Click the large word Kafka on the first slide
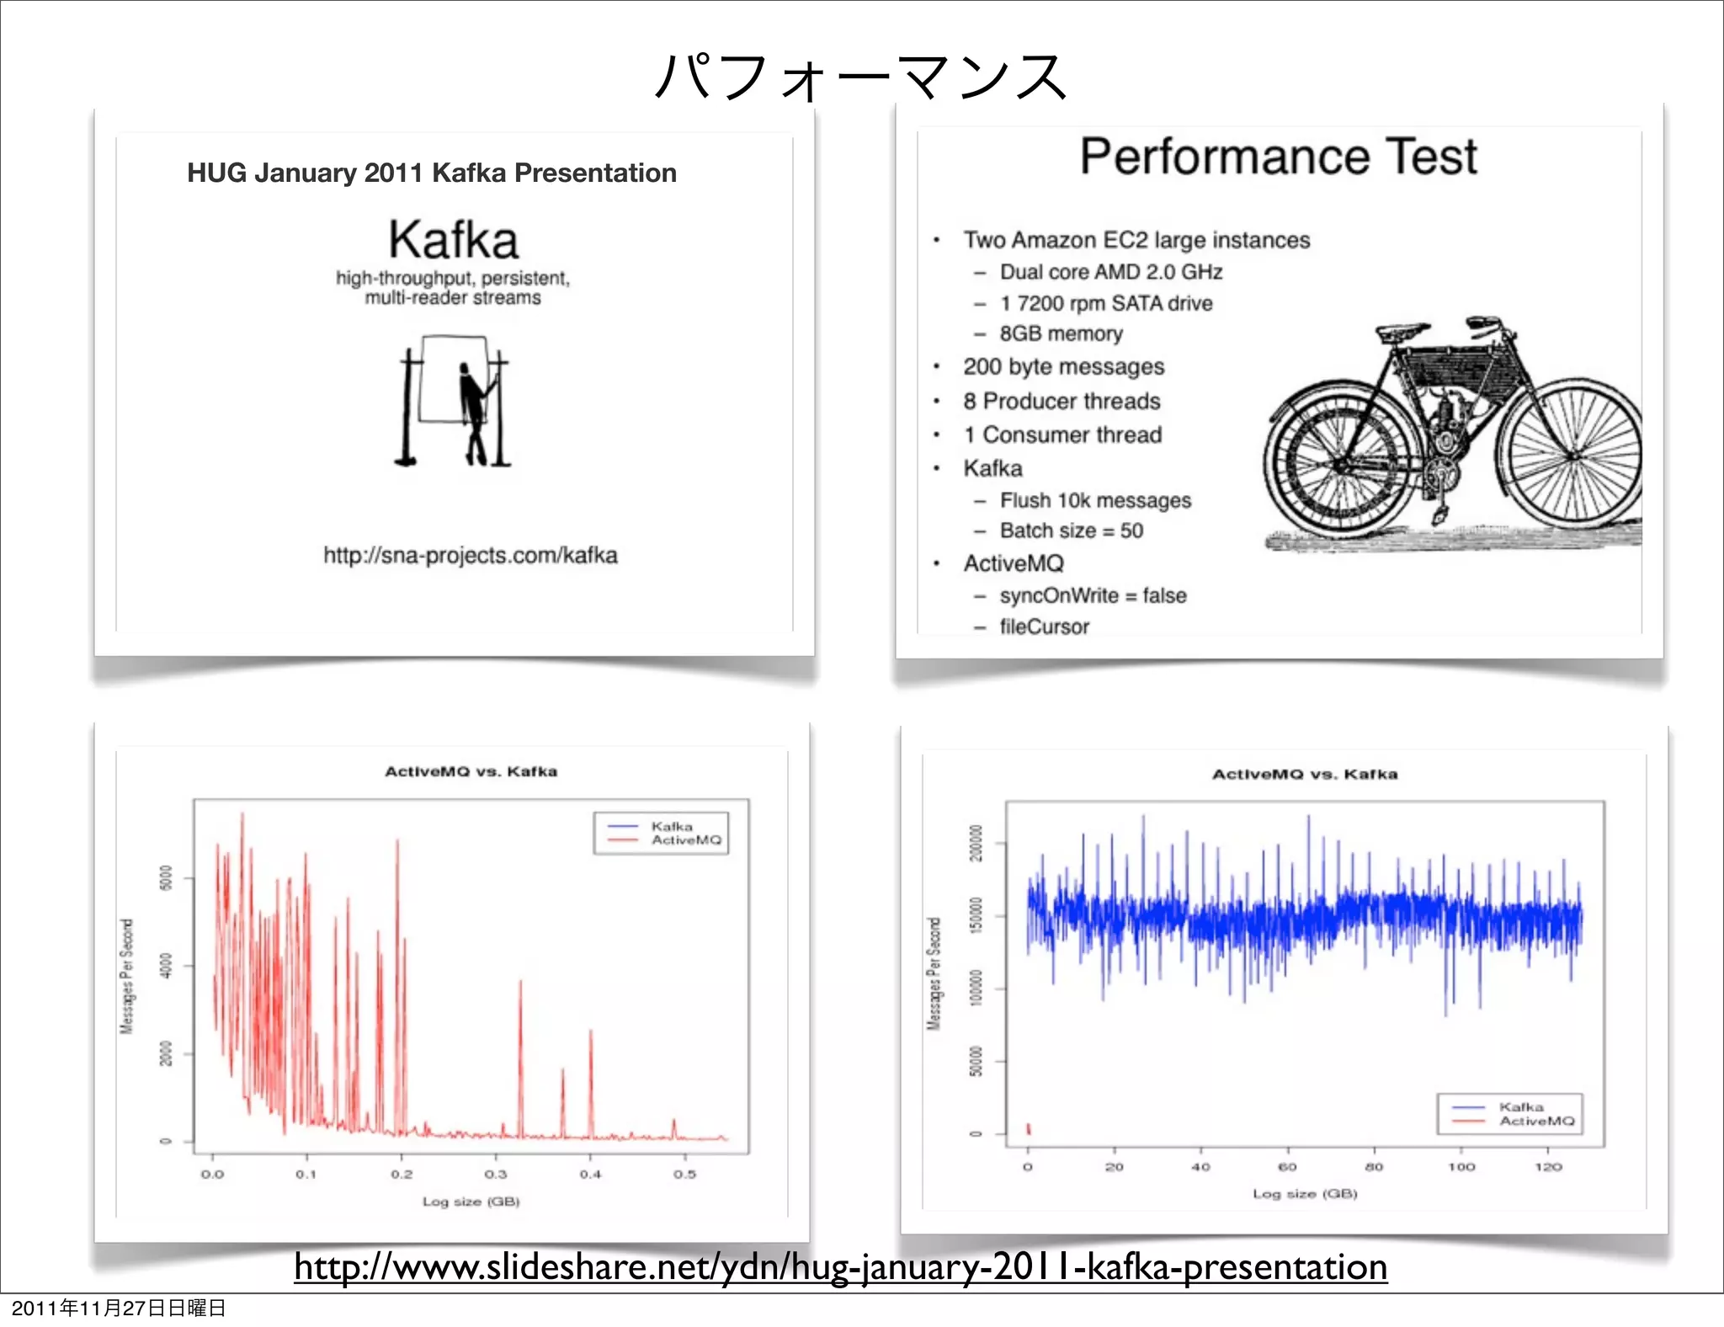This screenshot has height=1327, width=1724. [x=453, y=240]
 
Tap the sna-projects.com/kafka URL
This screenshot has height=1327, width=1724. [x=471, y=556]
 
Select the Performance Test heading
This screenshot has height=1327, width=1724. [x=1278, y=157]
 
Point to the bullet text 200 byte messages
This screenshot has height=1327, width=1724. [x=1063, y=367]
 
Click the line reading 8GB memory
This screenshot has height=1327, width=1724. [x=1061, y=334]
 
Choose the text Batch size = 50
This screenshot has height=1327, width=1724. [x=1071, y=531]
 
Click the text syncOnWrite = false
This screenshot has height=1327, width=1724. [x=1093, y=596]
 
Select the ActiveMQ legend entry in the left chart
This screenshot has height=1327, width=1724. [x=685, y=840]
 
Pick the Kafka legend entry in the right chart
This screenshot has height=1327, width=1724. [x=1520, y=1107]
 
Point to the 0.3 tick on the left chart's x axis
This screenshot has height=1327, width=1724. [x=496, y=1175]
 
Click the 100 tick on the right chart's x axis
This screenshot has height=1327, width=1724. [x=1461, y=1167]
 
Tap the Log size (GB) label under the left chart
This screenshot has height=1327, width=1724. [x=471, y=1202]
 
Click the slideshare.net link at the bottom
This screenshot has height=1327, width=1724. [x=840, y=1267]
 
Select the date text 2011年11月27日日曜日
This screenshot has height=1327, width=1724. [x=119, y=1308]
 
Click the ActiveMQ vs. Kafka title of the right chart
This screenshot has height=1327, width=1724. [x=1304, y=775]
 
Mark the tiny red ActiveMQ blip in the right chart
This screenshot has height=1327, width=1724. [x=1029, y=1128]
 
